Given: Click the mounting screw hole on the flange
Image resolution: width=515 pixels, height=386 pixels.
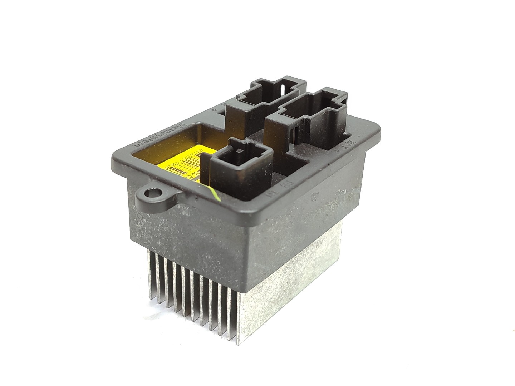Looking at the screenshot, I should coord(149,194).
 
